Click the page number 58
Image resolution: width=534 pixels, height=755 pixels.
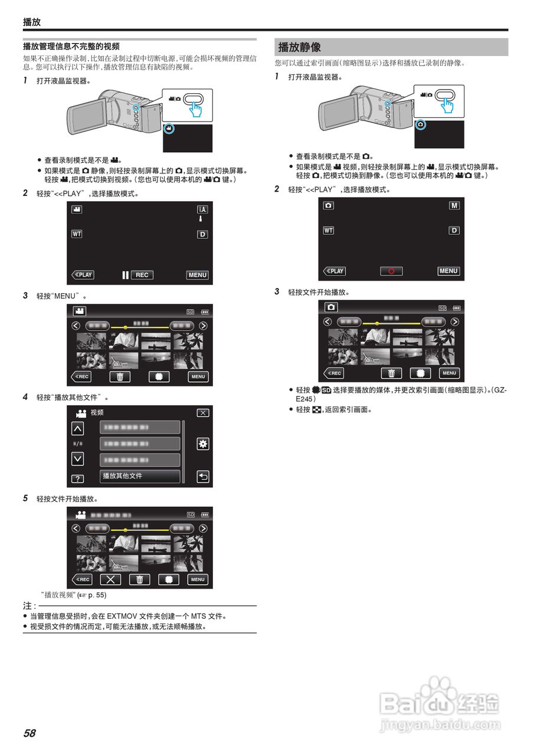pos(30,733)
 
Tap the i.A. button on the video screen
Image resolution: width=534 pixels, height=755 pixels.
pos(202,209)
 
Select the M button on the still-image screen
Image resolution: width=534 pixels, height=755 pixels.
pos(454,205)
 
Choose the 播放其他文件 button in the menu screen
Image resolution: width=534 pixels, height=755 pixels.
pos(140,476)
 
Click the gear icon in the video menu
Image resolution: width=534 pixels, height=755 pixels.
pos(202,444)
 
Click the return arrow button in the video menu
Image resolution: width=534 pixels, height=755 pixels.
pos(202,477)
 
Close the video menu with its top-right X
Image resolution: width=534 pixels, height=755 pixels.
pos(202,413)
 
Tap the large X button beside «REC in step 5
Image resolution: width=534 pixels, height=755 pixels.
pos(110,579)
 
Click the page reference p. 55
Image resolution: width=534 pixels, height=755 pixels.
pos(97,595)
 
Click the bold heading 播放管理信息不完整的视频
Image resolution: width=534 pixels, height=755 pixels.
pos(71,46)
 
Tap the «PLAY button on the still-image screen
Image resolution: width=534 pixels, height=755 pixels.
pos(335,271)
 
